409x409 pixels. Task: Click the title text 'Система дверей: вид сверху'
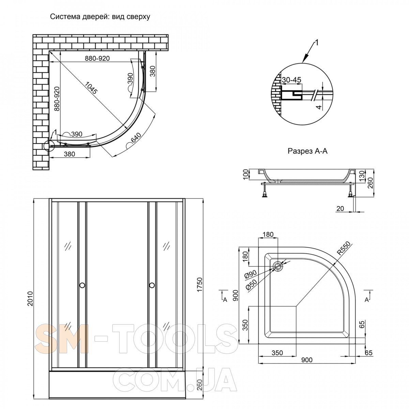click(x=100, y=17)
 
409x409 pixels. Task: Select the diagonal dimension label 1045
click(x=91, y=88)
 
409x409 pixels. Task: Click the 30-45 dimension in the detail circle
click(x=291, y=80)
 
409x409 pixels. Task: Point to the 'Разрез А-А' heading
click(x=307, y=151)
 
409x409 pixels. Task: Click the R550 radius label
click(x=343, y=248)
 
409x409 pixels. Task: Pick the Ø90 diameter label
click(x=251, y=275)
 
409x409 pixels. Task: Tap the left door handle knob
click(x=82, y=285)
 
